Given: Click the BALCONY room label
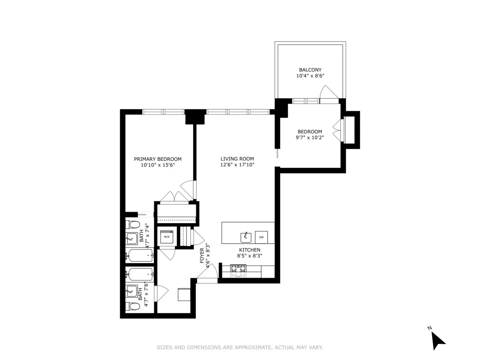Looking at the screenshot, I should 310,69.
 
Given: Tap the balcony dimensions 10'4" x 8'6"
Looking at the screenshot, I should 310,76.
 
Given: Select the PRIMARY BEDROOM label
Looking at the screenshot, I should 158,159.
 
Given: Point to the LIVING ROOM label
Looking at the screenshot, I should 237,158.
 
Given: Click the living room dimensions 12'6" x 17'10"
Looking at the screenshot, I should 237,165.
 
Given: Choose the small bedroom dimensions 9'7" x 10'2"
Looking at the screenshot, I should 310,138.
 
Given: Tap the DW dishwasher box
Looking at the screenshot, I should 261,237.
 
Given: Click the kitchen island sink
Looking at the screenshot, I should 246,237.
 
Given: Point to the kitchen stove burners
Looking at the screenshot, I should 238,271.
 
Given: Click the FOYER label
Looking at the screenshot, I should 202,255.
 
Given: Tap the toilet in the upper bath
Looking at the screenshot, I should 133,224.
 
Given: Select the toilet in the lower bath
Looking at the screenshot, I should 133,306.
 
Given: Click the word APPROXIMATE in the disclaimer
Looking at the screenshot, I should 248,348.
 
